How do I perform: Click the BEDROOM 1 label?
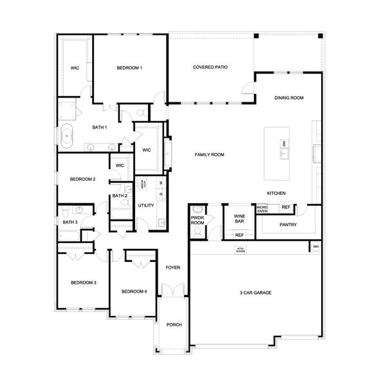point(129,68)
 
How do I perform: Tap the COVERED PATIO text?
point(210,67)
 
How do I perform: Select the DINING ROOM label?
point(288,98)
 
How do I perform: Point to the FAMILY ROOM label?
point(210,154)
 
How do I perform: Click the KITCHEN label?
point(277,193)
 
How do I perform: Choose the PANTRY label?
point(288,225)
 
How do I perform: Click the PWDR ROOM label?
point(198,221)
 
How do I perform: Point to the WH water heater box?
point(315,246)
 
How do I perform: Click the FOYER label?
point(173,266)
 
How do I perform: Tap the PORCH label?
point(174,325)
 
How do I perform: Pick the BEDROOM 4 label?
point(134,291)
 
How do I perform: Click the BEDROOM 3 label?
point(84,282)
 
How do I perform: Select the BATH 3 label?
point(70,222)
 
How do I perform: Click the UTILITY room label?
point(146,205)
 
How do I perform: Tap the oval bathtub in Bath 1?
point(67,136)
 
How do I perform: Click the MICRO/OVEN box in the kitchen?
point(262,208)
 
